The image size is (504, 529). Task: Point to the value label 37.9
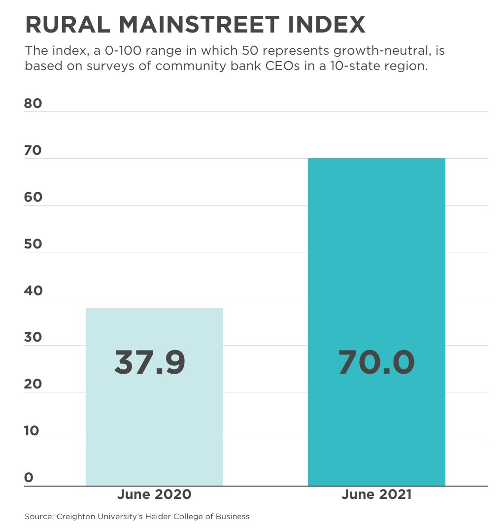(x=150, y=362)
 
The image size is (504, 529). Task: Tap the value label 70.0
(x=376, y=362)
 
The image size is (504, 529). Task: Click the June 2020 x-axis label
(x=154, y=494)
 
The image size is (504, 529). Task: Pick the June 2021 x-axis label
(x=376, y=494)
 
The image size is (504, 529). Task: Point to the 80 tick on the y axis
(x=33, y=104)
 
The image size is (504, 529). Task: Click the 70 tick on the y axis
(x=33, y=150)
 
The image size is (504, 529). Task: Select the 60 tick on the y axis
(x=33, y=197)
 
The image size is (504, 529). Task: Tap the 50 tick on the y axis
(x=33, y=244)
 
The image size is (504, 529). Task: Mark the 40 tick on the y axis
(x=33, y=291)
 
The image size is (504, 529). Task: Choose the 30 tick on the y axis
(x=33, y=337)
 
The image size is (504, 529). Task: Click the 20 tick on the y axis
(x=33, y=384)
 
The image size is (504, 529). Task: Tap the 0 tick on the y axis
(x=29, y=477)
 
